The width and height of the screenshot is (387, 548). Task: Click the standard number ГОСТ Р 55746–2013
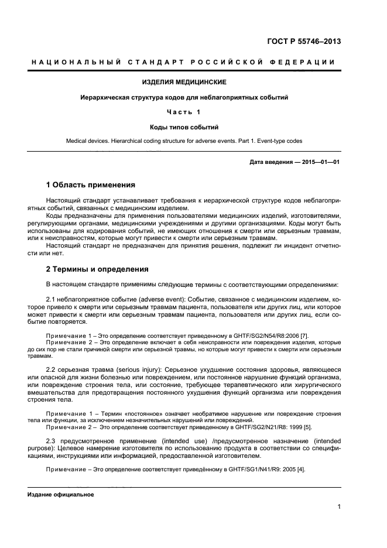[304, 41]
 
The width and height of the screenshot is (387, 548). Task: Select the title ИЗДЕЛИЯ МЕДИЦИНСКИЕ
[184, 82]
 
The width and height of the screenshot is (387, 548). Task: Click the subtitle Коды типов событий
[184, 126]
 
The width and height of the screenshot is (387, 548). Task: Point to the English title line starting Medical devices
[184, 141]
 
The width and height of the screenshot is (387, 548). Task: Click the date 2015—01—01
[320, 161]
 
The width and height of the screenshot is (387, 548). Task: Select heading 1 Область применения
[90, 185]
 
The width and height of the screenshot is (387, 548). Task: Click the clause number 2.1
[51, 299]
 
